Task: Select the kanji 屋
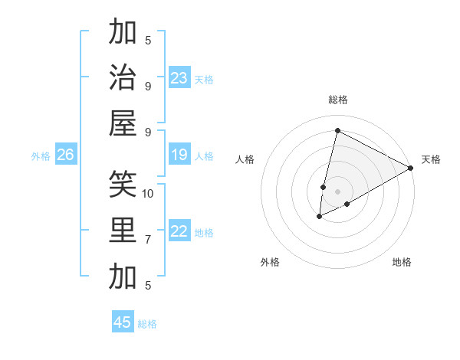pyautogui.click(x=123, y=123)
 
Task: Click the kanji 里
pyautogui.click(x=123, y=231)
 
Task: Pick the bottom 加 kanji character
pyautogui.click(x=123, y=276)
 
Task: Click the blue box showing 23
pyautogui.click(x=179, y=78)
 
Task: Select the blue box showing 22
pyautogui.click(x=179, y=232)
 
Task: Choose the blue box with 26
pyautogui.click(x=65, y=155)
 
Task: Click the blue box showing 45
pyautogui.click(x=123, y=322)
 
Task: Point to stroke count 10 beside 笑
pyautogui.click(x=148, y=193)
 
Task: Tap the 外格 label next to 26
pyautogui.click(x=41, y=156)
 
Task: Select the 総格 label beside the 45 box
pyautogui.click(x=147, y=324)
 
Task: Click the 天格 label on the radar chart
pyautogui.click(x=431, y=159)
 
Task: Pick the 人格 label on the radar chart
pyautogui.click(x=245, y=159)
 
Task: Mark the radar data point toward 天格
pyautogui.click(x=411, y=168)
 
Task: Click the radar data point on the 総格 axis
pyautogui.click(x=337, y=130)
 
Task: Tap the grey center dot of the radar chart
pyautogui.click(x=337, y=191)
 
